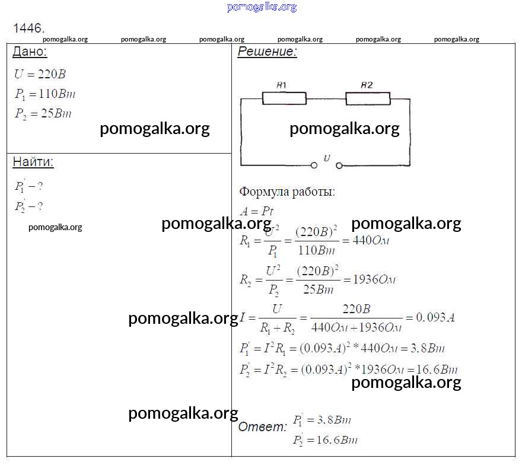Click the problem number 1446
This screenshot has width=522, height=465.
[28, 28]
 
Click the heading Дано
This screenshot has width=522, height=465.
[30, 52]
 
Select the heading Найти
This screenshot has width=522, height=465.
[33, 162]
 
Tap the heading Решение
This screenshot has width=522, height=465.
[267, 52]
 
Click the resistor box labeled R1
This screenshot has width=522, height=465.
[284, 98]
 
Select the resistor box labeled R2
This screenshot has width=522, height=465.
[368, 98]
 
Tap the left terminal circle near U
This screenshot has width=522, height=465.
[314, 165]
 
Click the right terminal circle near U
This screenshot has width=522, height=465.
[339, 165]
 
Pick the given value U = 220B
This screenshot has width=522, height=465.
[40, 74]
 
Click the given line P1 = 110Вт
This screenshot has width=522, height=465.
[45, 94]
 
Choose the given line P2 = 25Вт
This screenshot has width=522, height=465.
[43, 113]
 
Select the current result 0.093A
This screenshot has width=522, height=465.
[435, 317]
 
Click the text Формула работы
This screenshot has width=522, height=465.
[287, 192]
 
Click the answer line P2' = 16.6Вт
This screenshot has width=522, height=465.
[324, 440]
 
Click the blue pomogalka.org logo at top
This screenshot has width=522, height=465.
[262, 7]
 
